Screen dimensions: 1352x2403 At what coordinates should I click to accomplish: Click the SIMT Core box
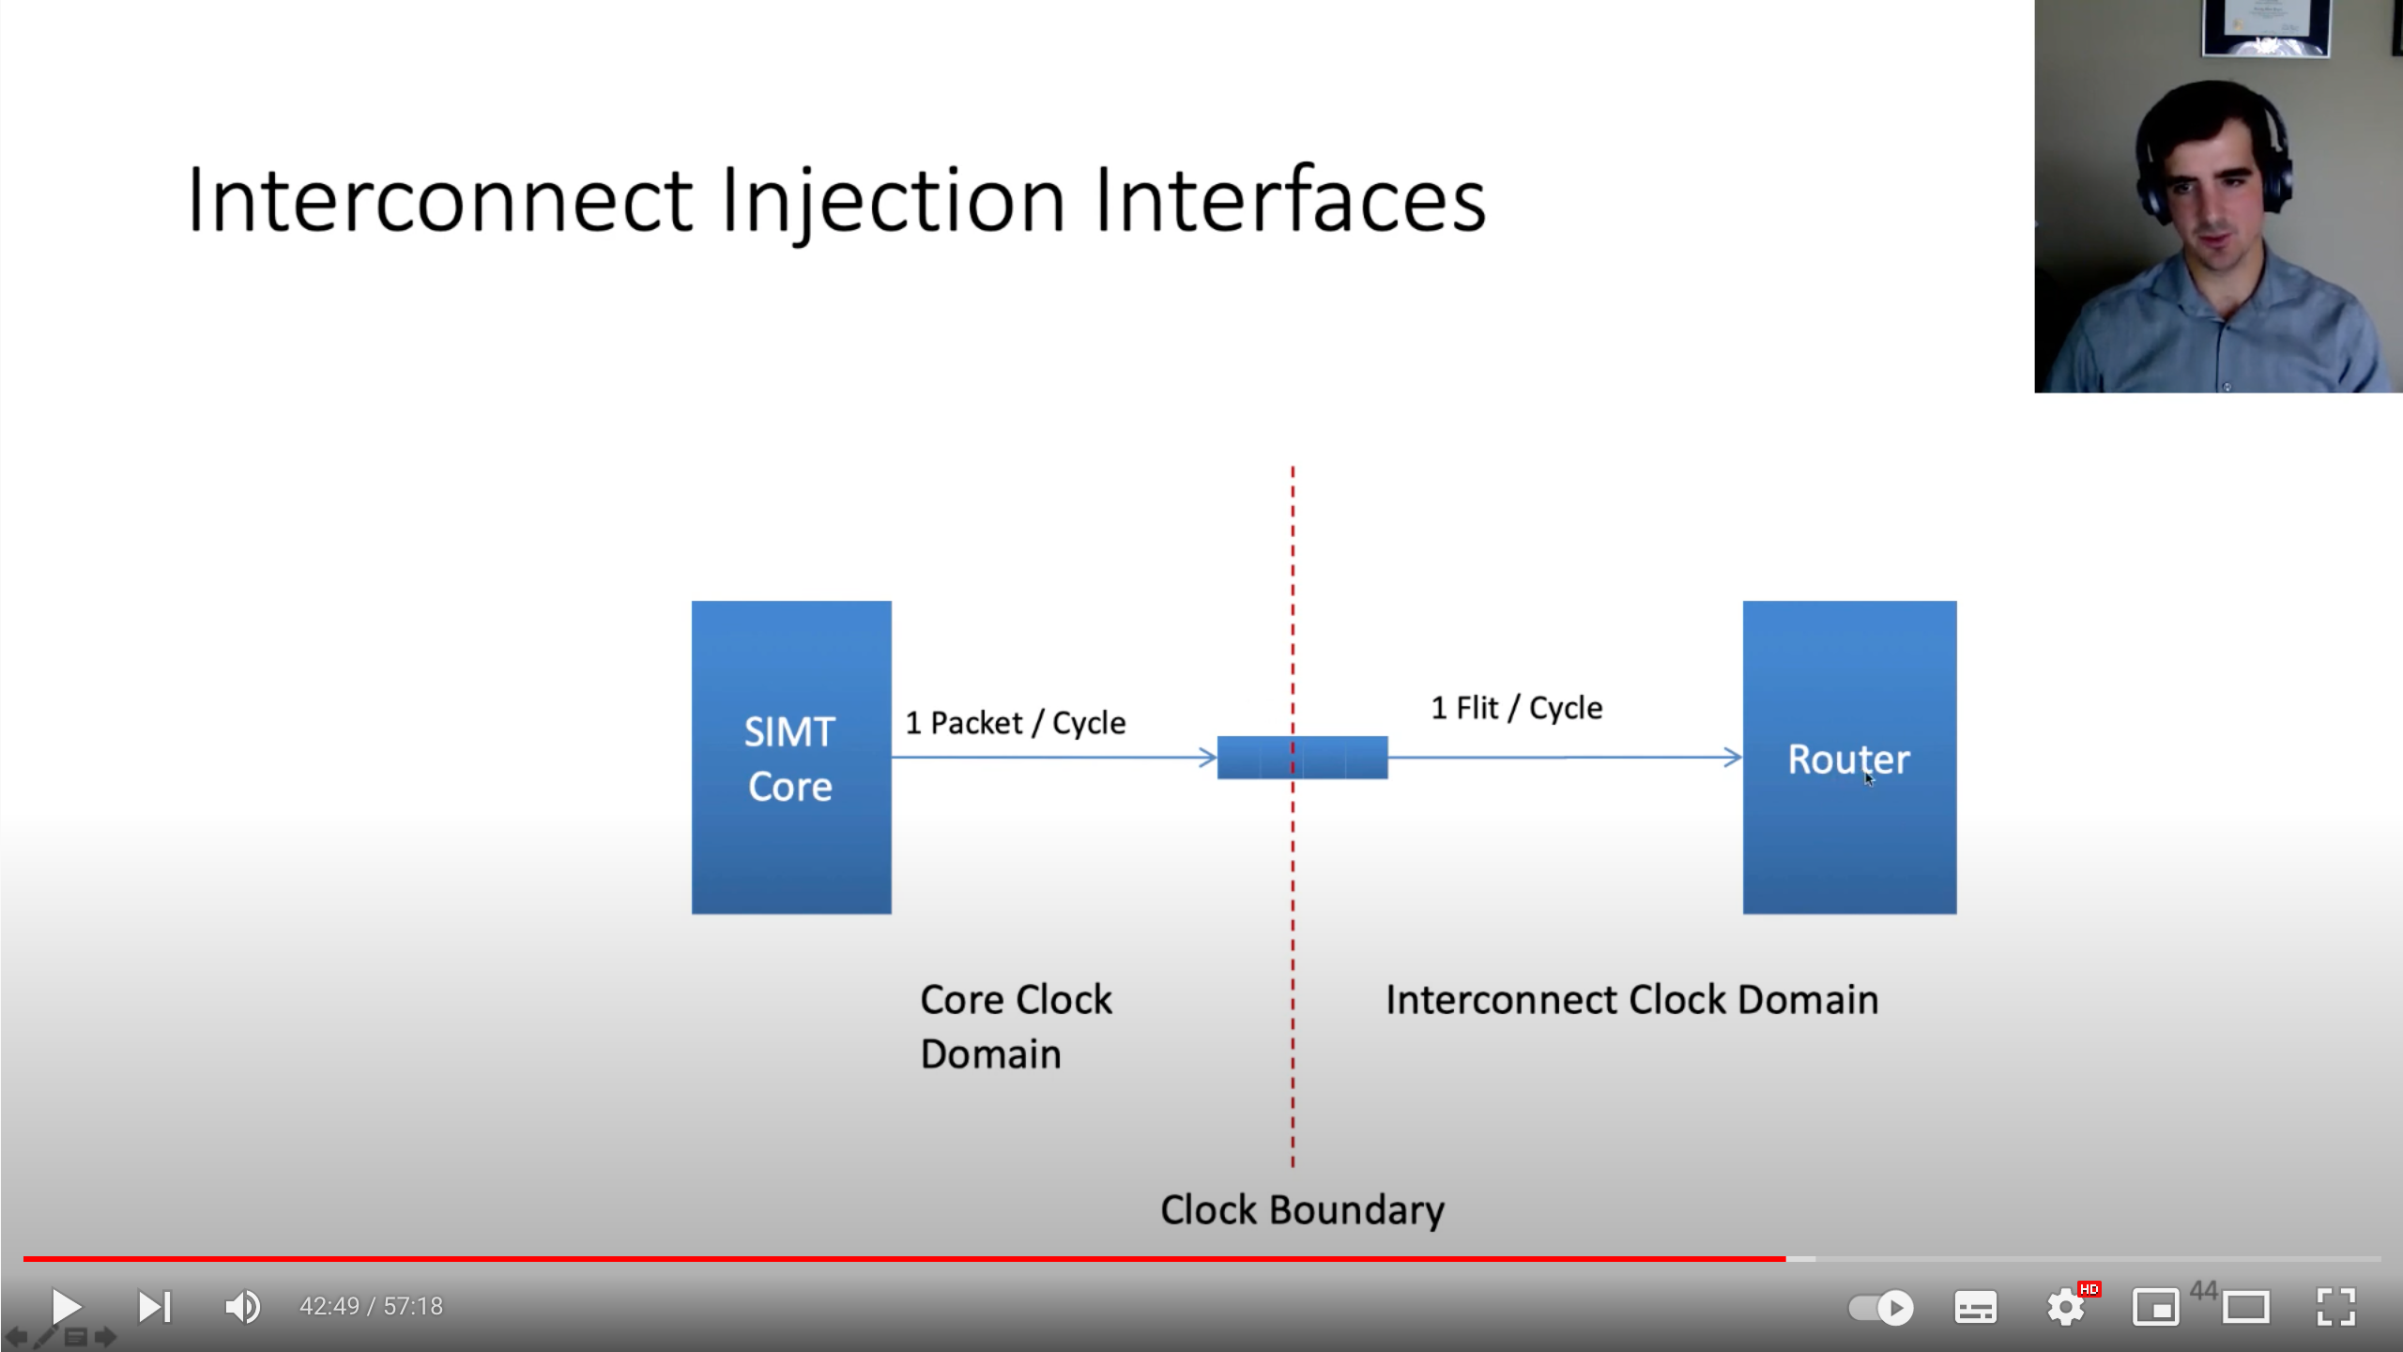790,757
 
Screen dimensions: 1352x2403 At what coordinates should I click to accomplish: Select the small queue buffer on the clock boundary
1302,758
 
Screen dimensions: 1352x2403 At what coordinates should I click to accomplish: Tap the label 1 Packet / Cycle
1015,723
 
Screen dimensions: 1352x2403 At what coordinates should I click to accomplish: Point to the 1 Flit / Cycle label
1516,708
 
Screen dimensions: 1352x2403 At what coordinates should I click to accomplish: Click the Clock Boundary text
1302,1210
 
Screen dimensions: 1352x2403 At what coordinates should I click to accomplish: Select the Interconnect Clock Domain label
1631,1000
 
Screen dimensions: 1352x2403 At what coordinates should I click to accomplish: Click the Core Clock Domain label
1015,1026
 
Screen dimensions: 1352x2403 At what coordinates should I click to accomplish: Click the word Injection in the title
893,200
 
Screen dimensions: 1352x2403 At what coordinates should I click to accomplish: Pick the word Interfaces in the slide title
1290,200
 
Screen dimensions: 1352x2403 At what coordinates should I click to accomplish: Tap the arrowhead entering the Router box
1733,757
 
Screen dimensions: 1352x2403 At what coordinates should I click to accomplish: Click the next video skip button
154,1306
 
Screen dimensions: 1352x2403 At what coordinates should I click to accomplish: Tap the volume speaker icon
242,1306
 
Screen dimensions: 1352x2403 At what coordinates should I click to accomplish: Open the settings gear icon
2065,1307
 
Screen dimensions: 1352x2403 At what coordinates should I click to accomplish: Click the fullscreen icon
2335,1307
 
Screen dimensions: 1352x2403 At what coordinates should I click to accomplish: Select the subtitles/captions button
1975,1307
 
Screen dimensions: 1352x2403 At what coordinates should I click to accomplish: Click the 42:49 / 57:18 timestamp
371,1306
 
